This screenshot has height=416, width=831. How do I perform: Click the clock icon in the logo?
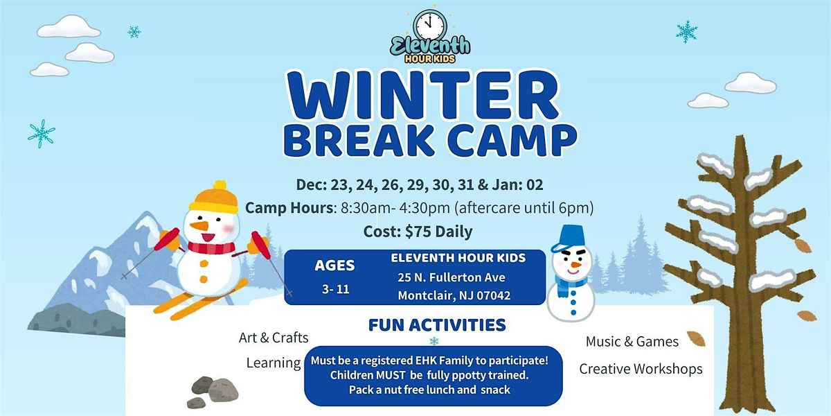tap(430, 26)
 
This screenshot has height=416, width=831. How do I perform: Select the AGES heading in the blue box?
tap(334, 265)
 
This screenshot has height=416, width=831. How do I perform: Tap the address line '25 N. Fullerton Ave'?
tap(451, 277)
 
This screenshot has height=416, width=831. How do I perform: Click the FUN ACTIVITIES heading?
tap(437, 324)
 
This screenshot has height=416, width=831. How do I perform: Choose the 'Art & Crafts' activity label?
tap(274, 338)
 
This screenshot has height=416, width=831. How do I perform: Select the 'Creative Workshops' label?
tap(641, 369)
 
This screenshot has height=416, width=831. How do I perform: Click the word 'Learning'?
tap(274, 363)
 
